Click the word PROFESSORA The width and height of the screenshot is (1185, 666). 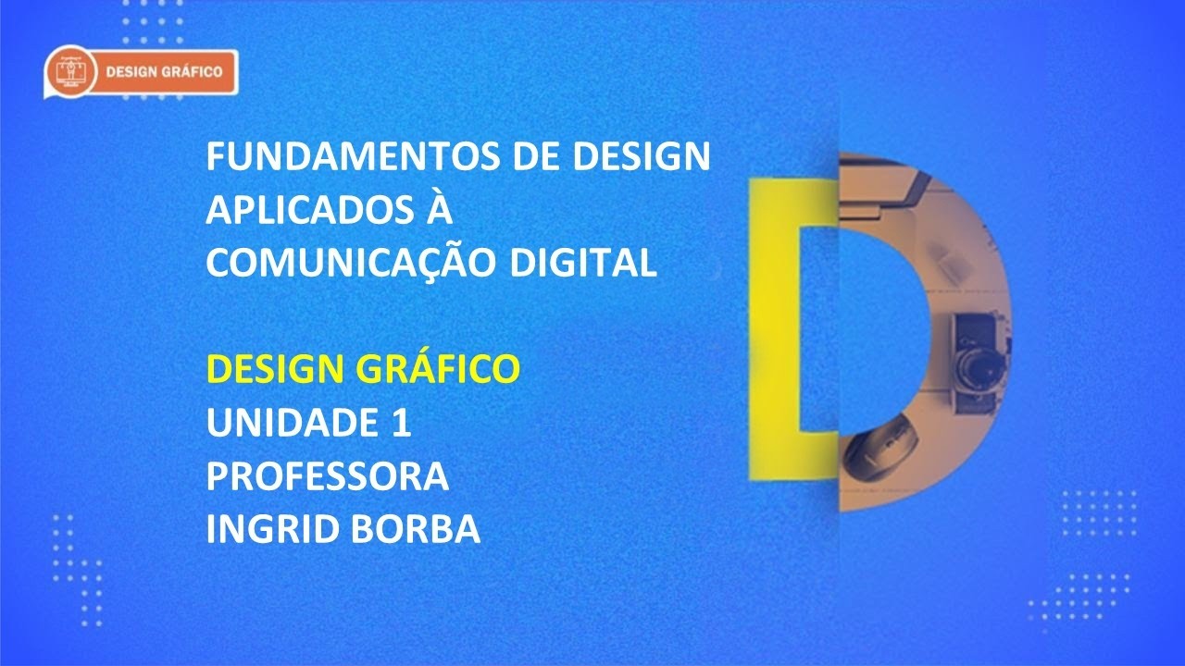point(327,477)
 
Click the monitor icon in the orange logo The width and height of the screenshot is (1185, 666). point(70,72)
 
